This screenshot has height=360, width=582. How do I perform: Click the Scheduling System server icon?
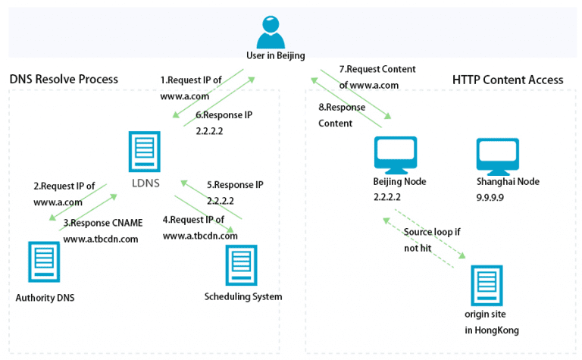pos(242,265)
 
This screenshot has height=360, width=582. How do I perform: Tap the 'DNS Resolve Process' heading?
pos(64,80)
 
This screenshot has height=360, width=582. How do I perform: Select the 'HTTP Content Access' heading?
pos(508,80)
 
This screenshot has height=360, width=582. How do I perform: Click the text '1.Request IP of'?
pos(191,80)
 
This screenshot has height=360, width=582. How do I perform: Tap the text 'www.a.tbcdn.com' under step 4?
pos(200,235)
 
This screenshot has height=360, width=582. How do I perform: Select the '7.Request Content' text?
pos(377,70)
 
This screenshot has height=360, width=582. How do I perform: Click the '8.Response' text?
pos(341,107)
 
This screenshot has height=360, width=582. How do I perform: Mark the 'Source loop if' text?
pos(431,232)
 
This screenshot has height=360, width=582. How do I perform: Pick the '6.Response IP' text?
pos(224,115)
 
